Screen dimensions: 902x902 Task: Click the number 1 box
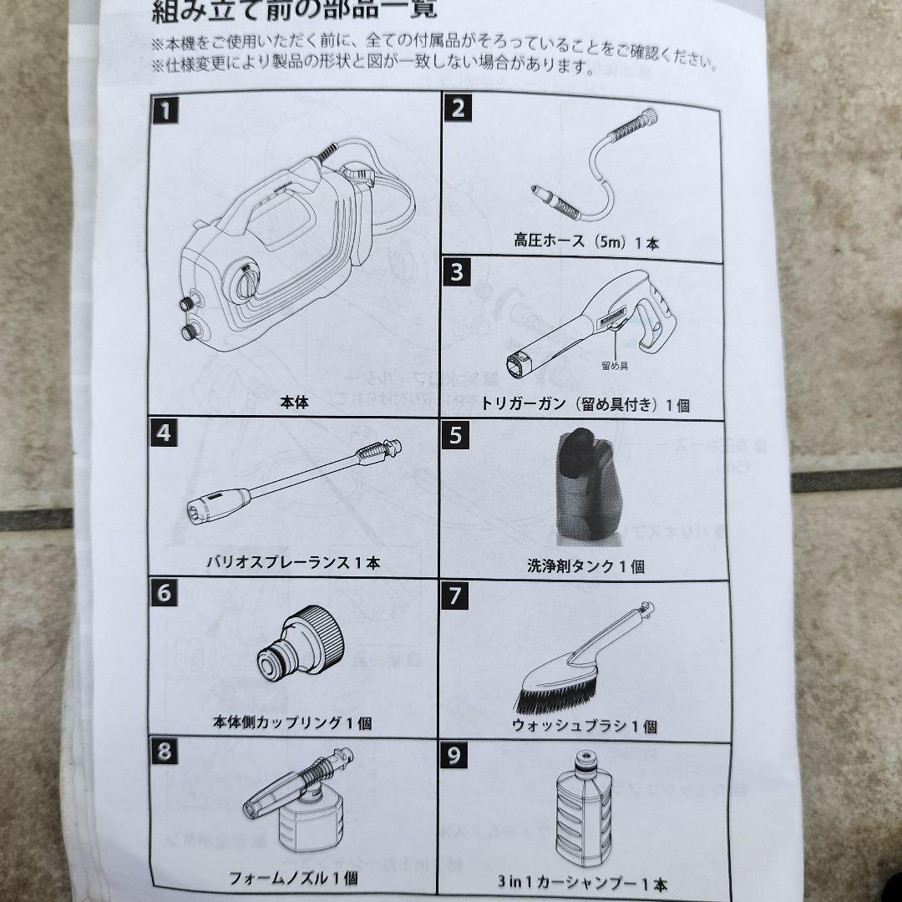167,110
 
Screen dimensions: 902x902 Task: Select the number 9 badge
454,755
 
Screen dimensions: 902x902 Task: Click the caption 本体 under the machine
294,402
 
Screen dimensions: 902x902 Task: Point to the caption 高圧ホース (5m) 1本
586,243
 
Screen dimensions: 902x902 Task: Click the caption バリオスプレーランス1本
293,562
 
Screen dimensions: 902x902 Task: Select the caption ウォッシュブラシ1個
585,725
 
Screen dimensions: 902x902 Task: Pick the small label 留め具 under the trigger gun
614,364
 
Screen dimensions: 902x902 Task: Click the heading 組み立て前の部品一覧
293,12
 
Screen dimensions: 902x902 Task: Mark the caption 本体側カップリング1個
293,723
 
